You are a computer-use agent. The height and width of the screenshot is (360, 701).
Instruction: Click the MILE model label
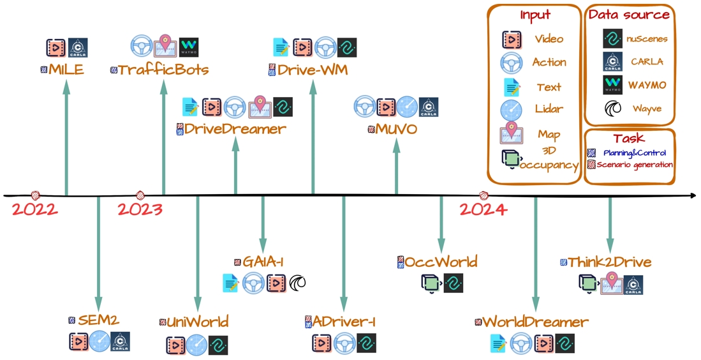click(66, 70)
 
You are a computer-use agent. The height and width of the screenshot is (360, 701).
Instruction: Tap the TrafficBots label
click(163, 70)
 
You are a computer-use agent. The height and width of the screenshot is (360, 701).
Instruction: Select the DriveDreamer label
click(235, 129)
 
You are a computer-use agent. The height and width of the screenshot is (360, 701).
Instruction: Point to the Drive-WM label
click(313, 70)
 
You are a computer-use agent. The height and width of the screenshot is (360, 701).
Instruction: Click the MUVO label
click(396, 130)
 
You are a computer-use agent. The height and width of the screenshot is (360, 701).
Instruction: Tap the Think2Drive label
click(610, 262)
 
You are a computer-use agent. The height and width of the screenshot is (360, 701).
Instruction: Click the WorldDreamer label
click(535, 322)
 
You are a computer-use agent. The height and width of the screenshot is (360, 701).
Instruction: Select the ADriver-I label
click(344, 322)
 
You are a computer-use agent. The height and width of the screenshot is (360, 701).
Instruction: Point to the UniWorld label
click(197, 322)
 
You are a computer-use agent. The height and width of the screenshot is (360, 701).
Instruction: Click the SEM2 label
click(98, 320)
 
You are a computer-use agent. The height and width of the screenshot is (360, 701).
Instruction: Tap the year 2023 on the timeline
click(140, 209)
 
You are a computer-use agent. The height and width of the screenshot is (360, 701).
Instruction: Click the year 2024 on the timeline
click(483, 209)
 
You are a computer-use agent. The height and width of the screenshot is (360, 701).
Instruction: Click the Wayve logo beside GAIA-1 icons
click(297, 282)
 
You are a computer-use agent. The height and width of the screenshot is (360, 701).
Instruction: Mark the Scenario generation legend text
click(635, 164)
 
